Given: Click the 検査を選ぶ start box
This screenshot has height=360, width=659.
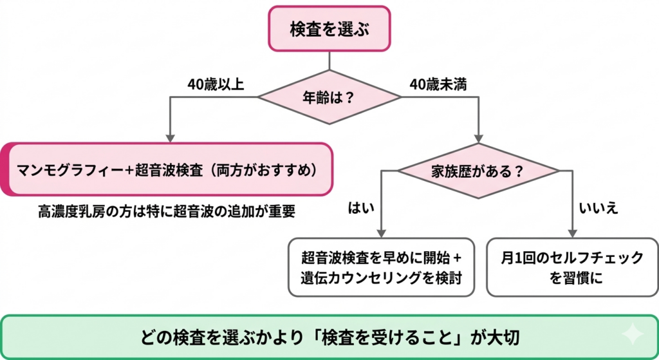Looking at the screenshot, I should coord(329,29).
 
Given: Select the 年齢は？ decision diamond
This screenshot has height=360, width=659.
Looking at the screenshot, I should coord(329,97).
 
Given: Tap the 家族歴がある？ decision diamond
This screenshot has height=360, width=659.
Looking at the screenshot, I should coord(478,171).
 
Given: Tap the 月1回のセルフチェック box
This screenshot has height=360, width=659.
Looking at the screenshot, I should coord(573,267).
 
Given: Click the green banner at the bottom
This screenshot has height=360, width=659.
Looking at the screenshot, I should coord(329,337).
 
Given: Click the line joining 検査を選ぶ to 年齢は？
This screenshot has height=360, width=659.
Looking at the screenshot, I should coord(329,61).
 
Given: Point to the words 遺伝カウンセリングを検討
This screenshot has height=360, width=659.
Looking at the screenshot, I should coord(382,278).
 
